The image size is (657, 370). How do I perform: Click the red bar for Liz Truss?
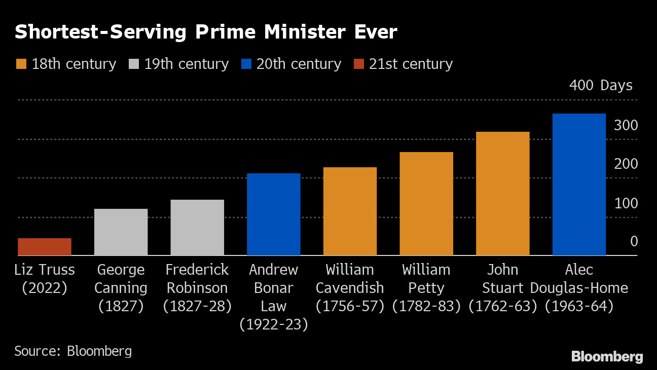point(45,247)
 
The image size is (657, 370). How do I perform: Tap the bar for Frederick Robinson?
point(197,228)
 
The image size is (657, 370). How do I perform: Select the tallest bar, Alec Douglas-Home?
point(579,184)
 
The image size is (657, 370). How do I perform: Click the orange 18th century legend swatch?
point(21,64)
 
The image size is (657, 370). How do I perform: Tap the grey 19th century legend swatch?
point(133,64)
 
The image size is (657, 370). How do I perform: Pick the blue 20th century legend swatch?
point(246,64)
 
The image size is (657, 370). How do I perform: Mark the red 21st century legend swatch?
point(358,64)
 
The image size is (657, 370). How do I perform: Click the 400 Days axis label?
point(601,85)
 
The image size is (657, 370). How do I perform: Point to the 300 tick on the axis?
point(626,125)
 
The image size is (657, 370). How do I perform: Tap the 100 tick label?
point(626,203)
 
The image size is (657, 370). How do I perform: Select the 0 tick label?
point(634,242)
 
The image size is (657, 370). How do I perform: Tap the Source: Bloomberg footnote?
point(73,351)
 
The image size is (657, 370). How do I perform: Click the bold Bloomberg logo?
point(607,356)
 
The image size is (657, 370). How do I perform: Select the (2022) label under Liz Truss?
point(45,288)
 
